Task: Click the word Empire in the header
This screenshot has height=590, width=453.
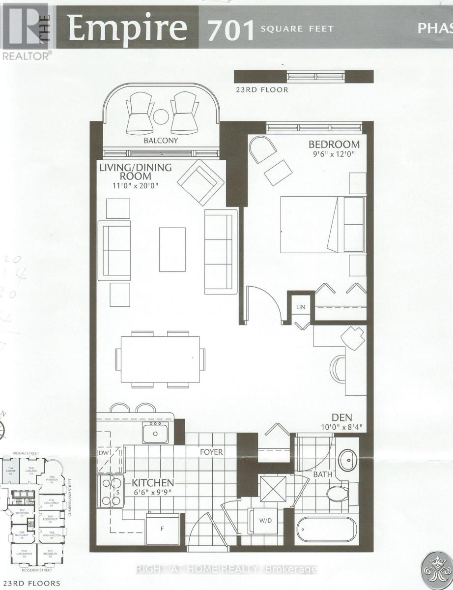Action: click(x=128, y=28)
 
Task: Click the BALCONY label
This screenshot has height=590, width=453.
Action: click(x=161, y=140)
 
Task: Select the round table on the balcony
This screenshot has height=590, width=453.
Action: click(x=161, y=118)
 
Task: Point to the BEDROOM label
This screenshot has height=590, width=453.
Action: click(x=334, y=145)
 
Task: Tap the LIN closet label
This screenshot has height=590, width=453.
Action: click(x=301, y=307)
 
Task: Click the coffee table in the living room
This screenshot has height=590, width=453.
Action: click(x=172, y=249)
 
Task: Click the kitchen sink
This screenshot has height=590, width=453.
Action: click(x=155, y=433)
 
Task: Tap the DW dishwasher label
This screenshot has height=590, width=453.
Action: click(x=104, y=453)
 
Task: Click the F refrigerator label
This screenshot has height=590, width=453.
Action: click(x=162, y=530)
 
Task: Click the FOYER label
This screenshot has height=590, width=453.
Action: click(x=211, y=452)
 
